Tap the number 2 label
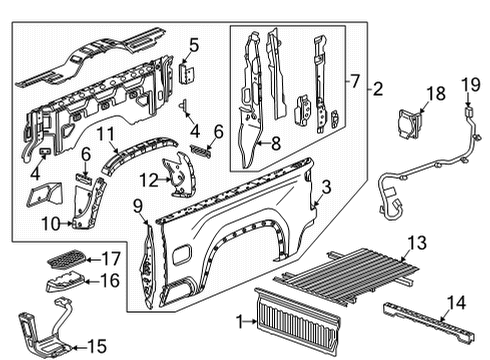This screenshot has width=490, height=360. [377, 89]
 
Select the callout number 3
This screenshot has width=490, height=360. [327, 187]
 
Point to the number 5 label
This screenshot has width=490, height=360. [194, 44]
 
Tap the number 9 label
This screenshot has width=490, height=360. [138, 206]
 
